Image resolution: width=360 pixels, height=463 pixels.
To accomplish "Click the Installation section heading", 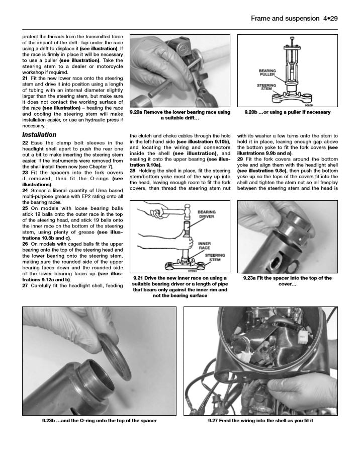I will pyautogui.click(x=39, y=135).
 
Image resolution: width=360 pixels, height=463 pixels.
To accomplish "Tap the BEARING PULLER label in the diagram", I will pyautogui.click(x=267, y=73).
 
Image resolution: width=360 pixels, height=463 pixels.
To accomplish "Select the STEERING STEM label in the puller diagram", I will pyautogui.click(x=266, y=88).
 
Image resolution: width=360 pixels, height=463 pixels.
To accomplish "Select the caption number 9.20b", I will pyautogui.click(x=252, y=112).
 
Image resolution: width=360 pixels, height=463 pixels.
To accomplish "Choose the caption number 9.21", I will pyautogui.click(x=139, y=278).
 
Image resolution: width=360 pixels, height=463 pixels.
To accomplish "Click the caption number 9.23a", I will pyautogui.click(x=251, y=278).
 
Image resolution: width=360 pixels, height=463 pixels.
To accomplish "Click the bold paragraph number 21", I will pyautogui.click(x=25, y=79).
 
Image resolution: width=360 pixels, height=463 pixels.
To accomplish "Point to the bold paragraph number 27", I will pyautogui.click(x=25, y=285).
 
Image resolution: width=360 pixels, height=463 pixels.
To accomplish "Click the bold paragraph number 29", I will pyautogui.click(x=240, y=159).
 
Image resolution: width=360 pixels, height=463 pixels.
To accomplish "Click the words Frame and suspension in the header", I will pyautogui.click(x=283, y=19).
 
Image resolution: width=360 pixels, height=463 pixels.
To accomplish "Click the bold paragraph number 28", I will pyautogui.click(x=133, y=171).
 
